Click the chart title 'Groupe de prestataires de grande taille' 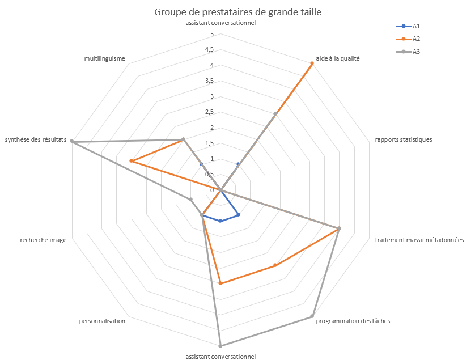click(x=238, y=12)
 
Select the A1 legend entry click(x=415, y=26)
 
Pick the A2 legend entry click(x=415, y=39)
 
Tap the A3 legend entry click(x=415, y=52)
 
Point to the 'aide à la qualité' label click(x=338, y=58)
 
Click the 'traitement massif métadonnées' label click(x=419, y=240)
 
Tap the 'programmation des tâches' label click(x=353, y=321)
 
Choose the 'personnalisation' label click(x=102, y=321)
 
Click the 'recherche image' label click(x=43, y=240)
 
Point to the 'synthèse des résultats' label click(x=35, y=139)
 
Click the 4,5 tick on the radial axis click(x=209, y=50)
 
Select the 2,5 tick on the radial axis click(x=209, y=112)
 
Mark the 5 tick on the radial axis click(x=212, y=34)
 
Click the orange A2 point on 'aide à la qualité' click(x=312, y=63)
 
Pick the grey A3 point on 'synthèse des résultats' click(x=71, y=142)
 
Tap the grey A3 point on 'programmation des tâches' click(x=312, y=316)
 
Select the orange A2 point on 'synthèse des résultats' click(x=132, y=161)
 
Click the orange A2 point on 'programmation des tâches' click(x=275, y=265)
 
